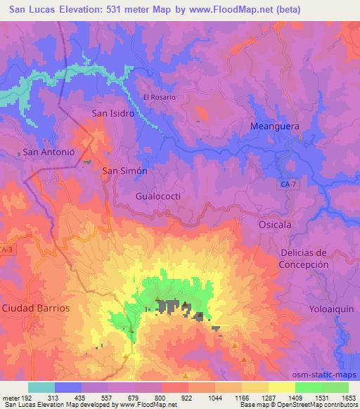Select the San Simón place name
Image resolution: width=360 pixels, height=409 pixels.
(x=124, y=171)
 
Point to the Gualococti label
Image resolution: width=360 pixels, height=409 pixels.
(x=158, y=196)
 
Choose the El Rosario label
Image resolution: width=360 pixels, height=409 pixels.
(x=159, y=97)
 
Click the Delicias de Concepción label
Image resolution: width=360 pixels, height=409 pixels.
(x=304, y=258)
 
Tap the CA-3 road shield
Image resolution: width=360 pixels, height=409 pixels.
(x=6, y=250)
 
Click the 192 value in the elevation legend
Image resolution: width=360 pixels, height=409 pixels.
(x=28, y=397)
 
